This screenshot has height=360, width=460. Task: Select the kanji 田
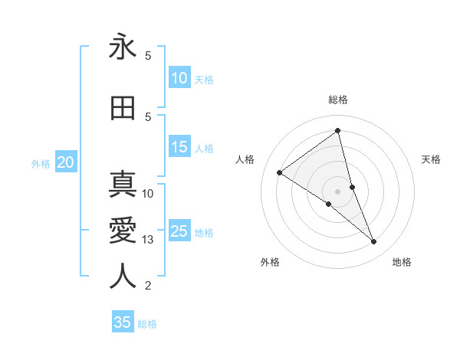(123, 109)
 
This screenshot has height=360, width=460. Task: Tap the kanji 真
(123, 185)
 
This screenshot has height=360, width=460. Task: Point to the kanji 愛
(123, 230)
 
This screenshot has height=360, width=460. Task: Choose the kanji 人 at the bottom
(123, 276)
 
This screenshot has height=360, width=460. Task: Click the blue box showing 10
(179, 78)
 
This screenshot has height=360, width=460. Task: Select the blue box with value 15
(179, 147)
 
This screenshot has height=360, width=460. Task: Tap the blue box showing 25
(179, 231)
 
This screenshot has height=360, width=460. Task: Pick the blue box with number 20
(66, 162)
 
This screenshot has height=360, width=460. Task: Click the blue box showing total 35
(123, 322)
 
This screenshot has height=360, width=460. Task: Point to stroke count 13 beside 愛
(148, 240)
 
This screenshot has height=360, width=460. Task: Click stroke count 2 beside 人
(148, 286)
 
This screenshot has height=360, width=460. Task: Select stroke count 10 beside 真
(148, 193)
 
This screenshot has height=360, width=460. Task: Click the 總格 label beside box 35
(147, 324)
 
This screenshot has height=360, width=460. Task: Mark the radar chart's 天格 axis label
(432, 159)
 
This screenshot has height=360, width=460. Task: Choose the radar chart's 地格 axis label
(402, 262)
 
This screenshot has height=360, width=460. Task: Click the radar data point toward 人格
(280, 172)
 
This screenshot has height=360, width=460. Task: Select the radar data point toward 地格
(374, 241)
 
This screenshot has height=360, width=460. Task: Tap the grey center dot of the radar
(338, 191)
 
